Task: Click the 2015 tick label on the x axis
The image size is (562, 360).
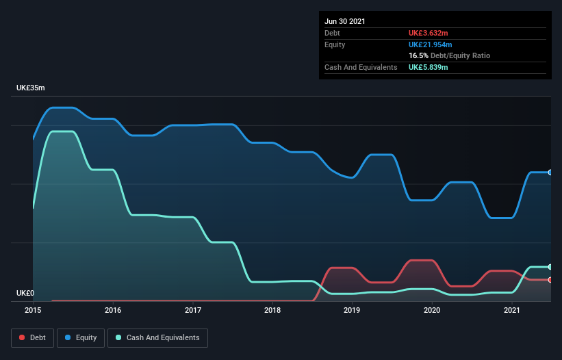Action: [x=33, y=311]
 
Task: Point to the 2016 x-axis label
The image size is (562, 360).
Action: [x=113, y=311]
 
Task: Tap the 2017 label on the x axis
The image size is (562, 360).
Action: [x=193, y=311]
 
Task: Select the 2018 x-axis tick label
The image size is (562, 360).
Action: [x=272, y=311]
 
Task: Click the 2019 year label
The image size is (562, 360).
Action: [x=353, y=311]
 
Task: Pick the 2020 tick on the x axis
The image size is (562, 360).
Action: [x=432, y=311]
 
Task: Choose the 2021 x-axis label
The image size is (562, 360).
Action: [x=512, y=311]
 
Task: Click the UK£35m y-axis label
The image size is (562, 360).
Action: [x=31, y=88]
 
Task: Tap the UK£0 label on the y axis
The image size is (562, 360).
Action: [x=25, y=294]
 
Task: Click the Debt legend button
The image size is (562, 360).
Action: [x=32, y=337]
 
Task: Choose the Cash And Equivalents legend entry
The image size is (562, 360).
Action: [x=157, y=337]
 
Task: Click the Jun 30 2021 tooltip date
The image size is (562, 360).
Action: [x=345, y=21]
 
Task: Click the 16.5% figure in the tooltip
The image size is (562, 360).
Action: [x=418, y=55]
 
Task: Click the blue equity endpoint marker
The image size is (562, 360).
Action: [x=550, y=172]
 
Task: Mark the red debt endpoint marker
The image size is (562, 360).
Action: [x=550, y=280]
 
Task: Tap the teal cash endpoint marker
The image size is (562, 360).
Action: [x=550, y=267]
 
